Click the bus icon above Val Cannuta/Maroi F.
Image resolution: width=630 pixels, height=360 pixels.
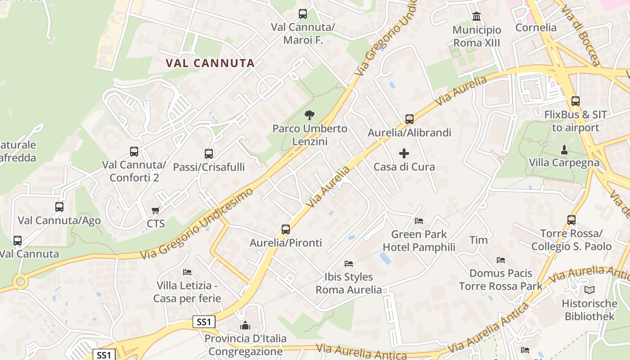[303, 14]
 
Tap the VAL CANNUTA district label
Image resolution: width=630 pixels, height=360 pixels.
[210, 63]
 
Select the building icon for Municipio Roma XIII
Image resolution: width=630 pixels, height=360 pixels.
[477, 17]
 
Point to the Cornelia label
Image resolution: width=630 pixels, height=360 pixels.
[536, 27]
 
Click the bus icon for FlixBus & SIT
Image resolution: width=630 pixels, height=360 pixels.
[575, 101]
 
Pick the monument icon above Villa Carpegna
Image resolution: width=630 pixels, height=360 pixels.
[564, 149]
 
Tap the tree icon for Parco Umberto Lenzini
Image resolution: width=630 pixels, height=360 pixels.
[309, 115]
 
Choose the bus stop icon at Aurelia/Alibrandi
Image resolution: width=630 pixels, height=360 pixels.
[409, 119]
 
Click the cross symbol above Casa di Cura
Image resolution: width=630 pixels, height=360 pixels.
[404, 153]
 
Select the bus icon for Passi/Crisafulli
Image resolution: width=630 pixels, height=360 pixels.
[209, 154]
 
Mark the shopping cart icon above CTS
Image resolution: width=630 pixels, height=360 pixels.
[156, 210]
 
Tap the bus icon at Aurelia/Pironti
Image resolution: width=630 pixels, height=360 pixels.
[286, 229]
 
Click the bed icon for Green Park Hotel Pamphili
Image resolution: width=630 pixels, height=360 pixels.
[419, 221]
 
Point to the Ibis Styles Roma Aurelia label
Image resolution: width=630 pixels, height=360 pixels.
[349, 283]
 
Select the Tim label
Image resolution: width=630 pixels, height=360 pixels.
[478, 240]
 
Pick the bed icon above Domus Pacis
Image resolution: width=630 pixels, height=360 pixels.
[501, 260]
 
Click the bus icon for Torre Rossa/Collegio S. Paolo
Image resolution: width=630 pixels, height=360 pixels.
[571, 220]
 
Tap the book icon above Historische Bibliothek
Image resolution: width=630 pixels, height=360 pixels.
[589, 290]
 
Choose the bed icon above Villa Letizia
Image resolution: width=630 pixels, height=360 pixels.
[187, 272]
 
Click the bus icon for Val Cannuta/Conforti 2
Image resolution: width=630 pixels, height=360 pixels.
[134, 152]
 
